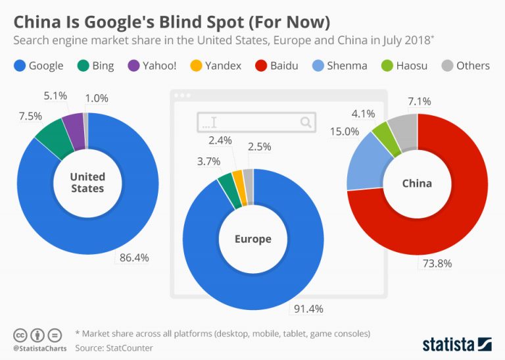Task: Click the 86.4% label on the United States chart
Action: tap(135, 257)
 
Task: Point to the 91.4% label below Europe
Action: tap(309, 308)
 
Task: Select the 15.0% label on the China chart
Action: tap(345, 132)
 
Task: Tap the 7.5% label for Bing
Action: tap(30, 116)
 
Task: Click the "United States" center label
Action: tap(87, 182)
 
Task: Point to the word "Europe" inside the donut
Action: tap(253, 239)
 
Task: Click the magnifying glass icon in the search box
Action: tap(306, 122)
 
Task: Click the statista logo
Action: tap(456, 343)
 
